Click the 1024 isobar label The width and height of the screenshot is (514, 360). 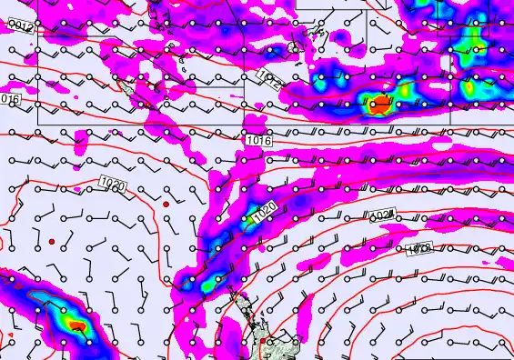pos(382,215)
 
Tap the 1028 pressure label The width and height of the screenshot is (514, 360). pos(418,247)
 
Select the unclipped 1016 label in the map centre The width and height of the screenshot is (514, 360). pos(257,140)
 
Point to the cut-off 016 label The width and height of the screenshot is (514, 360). pos(10,98)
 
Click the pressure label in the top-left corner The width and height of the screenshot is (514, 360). pos(20,29)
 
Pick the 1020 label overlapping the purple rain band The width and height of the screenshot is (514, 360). pos(263,213)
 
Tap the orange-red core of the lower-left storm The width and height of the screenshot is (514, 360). pos(78,323)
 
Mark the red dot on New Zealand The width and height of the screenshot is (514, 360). pos(264,342)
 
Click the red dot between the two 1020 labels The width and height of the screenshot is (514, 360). pos(166,205)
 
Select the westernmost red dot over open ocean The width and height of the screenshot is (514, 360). pos(52,240)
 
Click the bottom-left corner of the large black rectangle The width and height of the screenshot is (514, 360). pos(37,124)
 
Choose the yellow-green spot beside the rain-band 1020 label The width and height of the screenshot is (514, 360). pos(246,218)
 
